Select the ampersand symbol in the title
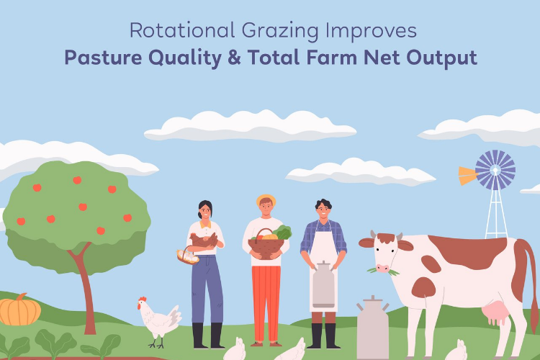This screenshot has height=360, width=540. (x=252, y=58)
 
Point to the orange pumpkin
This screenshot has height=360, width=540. (x=19, y=310)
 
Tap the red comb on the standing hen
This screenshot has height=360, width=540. (x=143, y=300)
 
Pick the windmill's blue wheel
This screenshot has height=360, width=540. (x=495, y=170)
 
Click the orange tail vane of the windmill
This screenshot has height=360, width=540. (x=467, y=175)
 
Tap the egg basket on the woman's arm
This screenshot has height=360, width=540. (x=188, y=255)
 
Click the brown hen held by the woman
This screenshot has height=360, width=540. (x=205, y=239)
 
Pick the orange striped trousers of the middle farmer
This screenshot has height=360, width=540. (x=266, y=295)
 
